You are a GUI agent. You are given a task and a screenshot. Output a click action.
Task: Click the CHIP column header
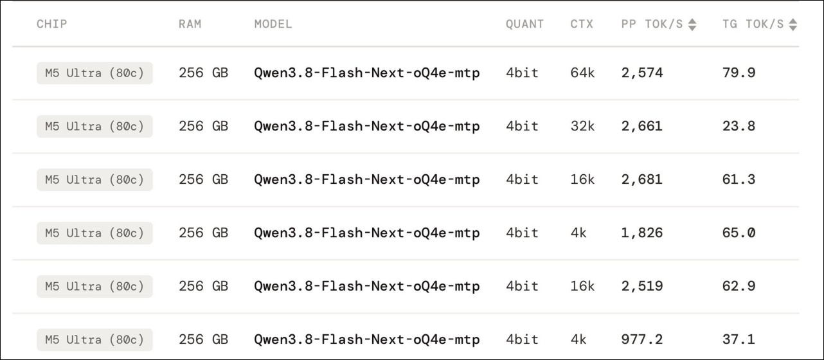(52, 24)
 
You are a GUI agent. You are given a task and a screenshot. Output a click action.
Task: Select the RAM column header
(190, 24)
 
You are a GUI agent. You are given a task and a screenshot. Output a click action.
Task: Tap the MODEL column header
(273, 24)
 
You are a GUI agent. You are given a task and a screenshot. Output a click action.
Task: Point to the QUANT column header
(524, 24)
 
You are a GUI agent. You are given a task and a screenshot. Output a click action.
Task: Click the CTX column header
(582, 24)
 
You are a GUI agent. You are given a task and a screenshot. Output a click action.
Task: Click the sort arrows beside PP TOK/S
(692, 24)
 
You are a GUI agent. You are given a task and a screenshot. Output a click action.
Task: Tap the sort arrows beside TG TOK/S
(793, 24)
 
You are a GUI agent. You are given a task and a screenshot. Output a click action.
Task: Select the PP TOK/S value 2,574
(642, 73)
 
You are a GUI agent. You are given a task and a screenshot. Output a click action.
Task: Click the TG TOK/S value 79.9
(739, 73)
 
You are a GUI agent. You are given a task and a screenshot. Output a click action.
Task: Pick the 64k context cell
(582, 73)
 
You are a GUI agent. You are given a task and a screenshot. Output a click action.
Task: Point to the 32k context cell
(582, 126)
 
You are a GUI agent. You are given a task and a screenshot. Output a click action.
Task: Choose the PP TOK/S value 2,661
(642, 126)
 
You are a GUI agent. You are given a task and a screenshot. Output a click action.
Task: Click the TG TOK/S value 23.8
(739, 126)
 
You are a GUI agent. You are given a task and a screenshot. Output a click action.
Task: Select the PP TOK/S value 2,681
(642, 179)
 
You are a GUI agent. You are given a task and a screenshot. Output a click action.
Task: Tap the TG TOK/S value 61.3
(739, 179)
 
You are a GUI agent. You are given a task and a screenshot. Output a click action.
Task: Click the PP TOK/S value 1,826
(642, 233)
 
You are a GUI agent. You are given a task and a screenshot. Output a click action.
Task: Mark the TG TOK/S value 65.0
(739, 233)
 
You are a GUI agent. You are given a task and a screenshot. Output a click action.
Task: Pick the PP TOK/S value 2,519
(642, 286)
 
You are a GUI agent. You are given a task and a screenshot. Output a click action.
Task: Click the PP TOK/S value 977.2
(642, 339)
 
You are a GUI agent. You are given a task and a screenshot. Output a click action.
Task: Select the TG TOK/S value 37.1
(739, 339)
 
